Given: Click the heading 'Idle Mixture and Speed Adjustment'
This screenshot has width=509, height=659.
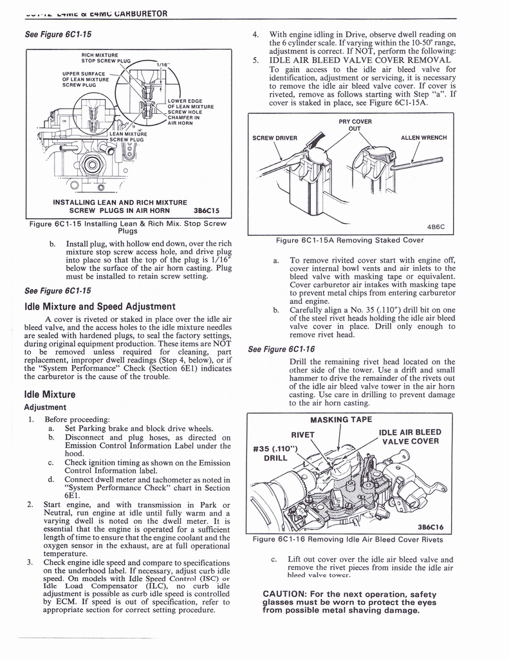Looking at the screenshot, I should click(100, 306).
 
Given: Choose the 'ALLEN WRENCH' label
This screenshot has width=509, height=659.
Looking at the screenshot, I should click(423, 137).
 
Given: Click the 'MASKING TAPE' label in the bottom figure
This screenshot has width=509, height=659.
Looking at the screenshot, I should click(341, 420).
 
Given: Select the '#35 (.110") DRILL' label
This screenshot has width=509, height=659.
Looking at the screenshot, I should click(274, 453).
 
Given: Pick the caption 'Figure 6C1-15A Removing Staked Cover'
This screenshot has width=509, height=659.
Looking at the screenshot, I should click(350, 241).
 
